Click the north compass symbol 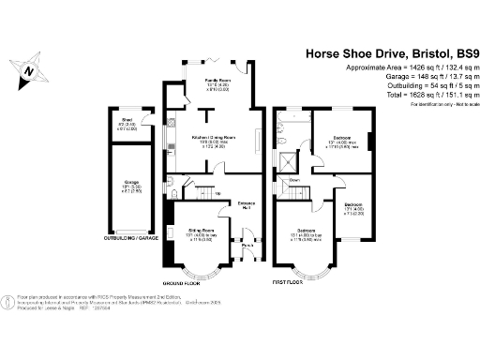[x=29, y=68]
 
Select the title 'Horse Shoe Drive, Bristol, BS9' [x=388, y=54]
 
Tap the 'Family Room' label [x=218, y=82]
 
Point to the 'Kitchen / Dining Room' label [x=213, y=137]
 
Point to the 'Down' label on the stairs [x=293, y=180]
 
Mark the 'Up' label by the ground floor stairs [x=217, y=195]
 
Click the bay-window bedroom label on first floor [x=307, y=230]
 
